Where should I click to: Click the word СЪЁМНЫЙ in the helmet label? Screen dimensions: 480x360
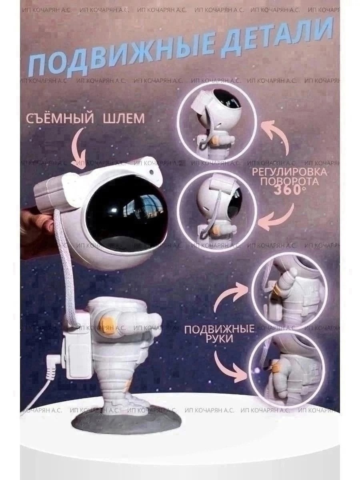[x=58, y=119]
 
